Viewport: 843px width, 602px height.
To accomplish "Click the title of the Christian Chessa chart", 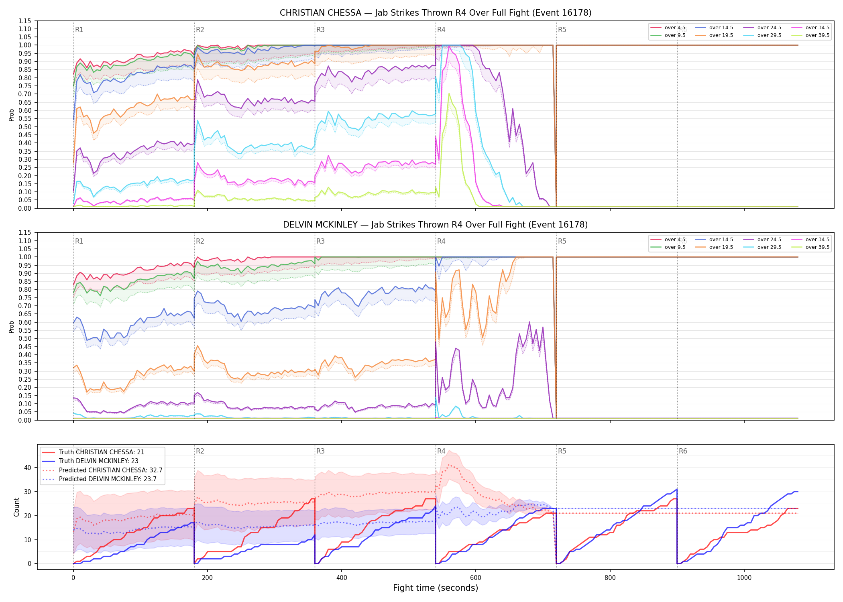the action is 436,13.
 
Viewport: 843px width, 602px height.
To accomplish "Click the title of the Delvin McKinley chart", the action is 436,225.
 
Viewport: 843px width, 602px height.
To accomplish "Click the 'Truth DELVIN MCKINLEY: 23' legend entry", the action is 99,461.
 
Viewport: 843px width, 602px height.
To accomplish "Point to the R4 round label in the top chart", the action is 441,30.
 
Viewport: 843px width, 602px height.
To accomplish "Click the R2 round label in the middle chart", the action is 200,241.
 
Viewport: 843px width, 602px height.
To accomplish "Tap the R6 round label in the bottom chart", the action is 683,451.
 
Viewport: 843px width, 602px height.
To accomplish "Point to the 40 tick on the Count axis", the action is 28,468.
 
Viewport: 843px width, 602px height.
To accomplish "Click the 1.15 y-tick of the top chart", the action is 24,21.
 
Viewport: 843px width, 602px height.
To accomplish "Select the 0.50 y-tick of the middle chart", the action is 24,339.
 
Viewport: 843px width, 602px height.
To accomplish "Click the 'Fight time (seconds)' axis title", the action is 436,588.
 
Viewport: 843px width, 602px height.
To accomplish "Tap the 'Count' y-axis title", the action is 16,507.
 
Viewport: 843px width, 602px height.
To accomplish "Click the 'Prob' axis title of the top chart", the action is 12,115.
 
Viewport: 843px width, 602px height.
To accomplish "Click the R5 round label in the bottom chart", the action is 562,451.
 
